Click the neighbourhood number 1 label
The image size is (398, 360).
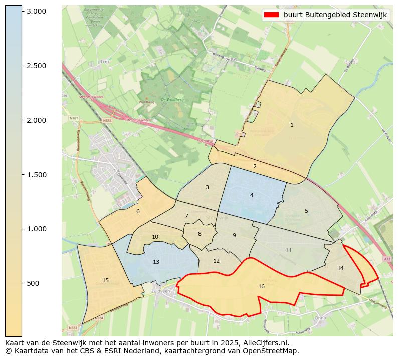coord(292,125)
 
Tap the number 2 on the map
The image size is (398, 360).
coord(255,166)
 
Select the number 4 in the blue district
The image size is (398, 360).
coord(252,195)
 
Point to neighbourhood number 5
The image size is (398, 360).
coord(306,211)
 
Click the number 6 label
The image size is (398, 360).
coord(138,211)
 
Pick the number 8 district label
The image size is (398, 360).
coord(200,234)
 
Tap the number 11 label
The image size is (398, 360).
coord(288,250)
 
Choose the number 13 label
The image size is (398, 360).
coord(156,262)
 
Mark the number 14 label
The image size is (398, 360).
coord(341,268)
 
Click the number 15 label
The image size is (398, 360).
coord(105,280)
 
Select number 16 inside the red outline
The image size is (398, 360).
coord(261,286)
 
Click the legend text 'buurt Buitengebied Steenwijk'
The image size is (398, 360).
coord(335,15)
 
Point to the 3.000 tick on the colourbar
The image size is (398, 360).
coord(36,11)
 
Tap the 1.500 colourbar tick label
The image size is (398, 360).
coord(36,175)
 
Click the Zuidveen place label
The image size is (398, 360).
coord(161,291)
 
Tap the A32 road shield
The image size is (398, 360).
coord(386,259)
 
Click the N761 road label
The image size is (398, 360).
coord(74,118)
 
